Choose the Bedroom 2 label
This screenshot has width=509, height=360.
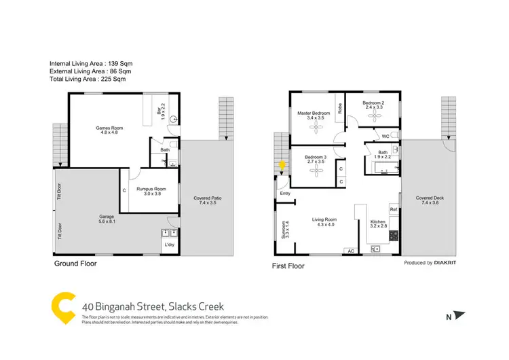374,105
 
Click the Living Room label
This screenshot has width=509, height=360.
324,222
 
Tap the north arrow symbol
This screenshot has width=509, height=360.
461,315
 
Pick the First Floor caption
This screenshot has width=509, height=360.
288,266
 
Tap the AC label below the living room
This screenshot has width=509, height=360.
350,251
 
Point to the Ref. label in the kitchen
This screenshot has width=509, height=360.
393,210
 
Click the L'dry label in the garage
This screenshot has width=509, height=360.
168,245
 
